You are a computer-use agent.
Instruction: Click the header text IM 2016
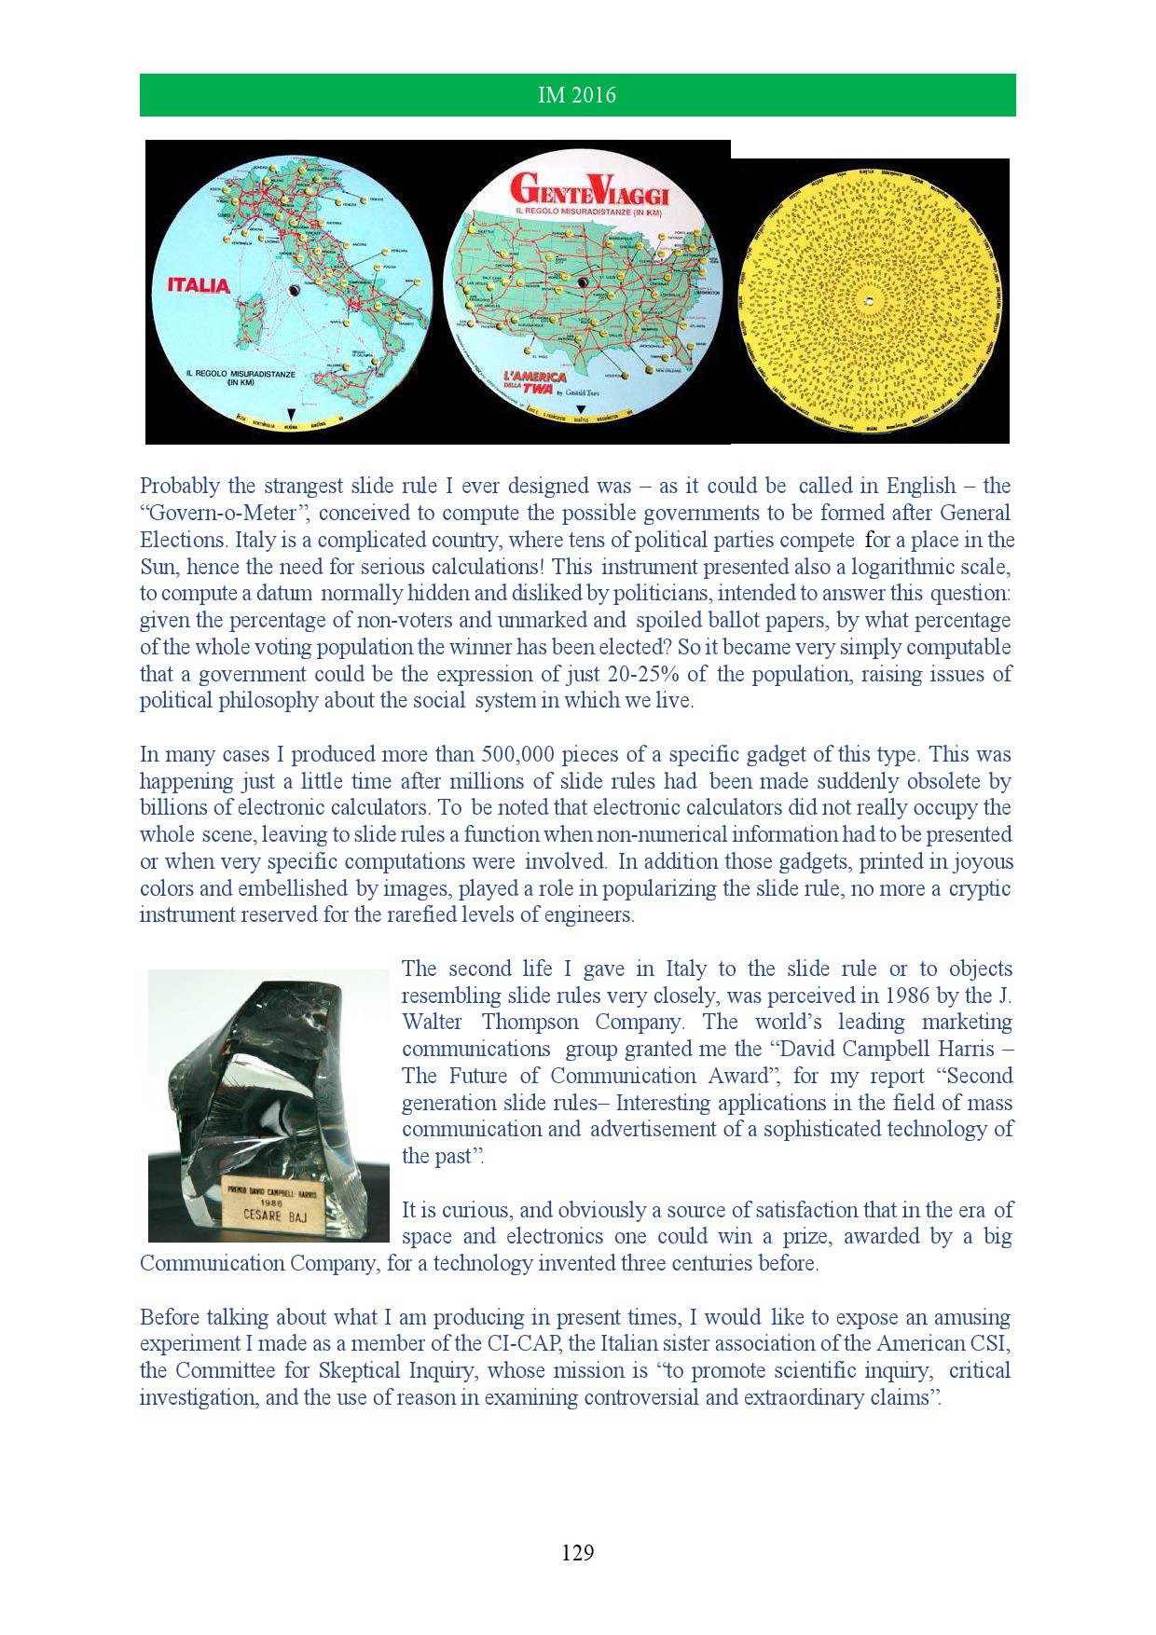577,95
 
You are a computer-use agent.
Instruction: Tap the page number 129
577,1552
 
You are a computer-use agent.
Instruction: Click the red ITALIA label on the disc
198,285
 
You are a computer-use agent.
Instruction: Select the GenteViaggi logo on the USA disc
589,190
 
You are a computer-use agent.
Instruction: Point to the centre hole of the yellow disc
869,301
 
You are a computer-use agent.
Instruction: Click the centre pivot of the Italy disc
294,291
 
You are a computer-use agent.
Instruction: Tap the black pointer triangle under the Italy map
291,413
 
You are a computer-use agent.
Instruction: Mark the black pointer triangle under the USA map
581,410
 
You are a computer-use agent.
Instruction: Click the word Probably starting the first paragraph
180,486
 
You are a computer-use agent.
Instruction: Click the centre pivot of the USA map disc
583,282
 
